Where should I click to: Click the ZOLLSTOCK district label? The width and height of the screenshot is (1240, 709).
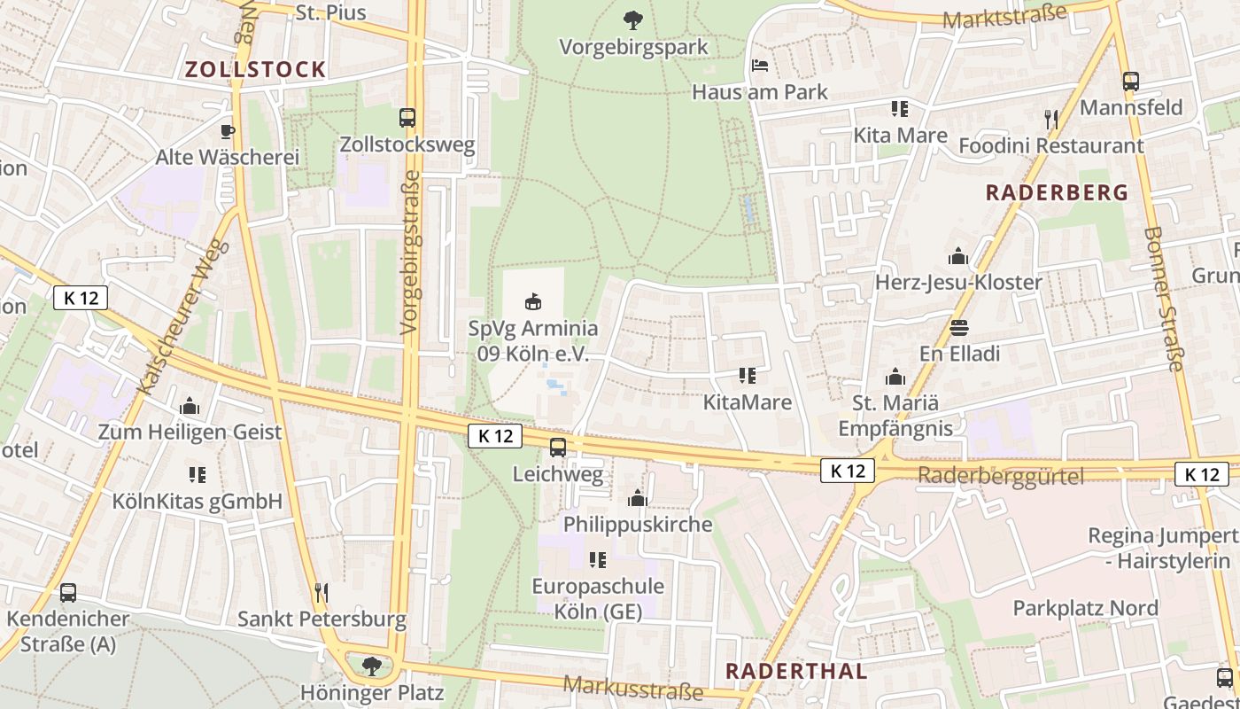(255, 70)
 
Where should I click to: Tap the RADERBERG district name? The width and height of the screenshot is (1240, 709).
(1057, 192)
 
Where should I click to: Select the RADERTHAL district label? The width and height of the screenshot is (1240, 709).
(796, 671)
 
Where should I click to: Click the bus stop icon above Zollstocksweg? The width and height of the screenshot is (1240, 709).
(407, 117)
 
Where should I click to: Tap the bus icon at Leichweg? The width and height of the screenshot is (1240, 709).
(557, 448)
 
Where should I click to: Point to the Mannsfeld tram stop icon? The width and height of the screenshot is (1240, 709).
(1130, 82)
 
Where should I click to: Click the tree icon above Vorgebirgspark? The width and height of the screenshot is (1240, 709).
(632, 19)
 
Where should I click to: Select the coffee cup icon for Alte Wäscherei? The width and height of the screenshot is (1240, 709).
(227, 131)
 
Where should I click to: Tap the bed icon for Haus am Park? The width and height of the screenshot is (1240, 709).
(759, 66)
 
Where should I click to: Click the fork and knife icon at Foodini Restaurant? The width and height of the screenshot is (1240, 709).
(1050, 119)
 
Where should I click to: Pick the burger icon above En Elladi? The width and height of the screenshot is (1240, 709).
(958, 327)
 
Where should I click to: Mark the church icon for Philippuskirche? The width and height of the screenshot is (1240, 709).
(637, 498)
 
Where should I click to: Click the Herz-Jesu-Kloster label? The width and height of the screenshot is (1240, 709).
(958, 283)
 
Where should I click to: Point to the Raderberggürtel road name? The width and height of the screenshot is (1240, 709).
(1001, 477)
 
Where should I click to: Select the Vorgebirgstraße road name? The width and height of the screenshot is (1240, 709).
(409, 253)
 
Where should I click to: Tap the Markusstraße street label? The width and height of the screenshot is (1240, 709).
(632, 688)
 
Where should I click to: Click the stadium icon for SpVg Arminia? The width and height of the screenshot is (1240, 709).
(533, 301)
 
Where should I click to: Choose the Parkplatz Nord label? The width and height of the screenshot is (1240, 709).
(1085, 608)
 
